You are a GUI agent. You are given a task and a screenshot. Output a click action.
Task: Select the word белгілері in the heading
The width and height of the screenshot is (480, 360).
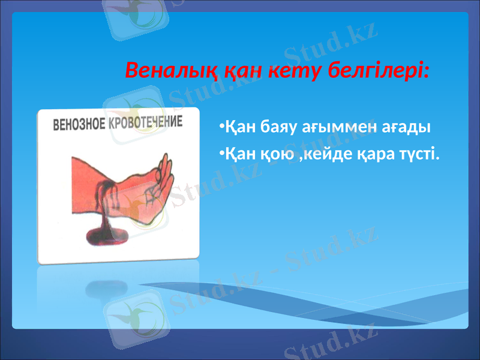376,71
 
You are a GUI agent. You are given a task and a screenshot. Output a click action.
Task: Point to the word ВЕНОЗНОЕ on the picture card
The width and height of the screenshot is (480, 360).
79,125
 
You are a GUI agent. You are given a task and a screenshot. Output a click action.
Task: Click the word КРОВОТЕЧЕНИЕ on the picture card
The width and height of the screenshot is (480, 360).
145,122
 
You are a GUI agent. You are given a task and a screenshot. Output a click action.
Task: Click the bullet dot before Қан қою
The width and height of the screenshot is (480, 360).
221,154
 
